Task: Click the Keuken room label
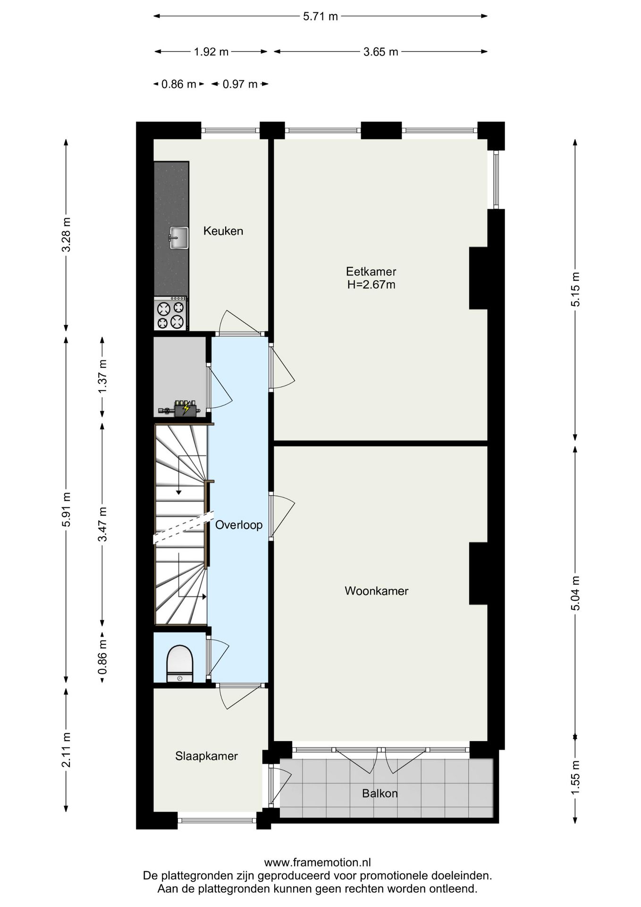223,231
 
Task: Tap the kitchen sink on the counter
178,238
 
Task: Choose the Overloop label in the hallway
238,525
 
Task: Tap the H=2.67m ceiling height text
371,285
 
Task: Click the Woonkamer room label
376,591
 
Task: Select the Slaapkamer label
206,756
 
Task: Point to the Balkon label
380,793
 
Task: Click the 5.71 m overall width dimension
320,17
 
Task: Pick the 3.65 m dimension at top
380,52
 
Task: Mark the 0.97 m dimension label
240,85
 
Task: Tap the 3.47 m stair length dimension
102,524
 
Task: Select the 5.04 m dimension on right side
575,593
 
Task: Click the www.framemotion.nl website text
317,863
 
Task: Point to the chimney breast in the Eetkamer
478,278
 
